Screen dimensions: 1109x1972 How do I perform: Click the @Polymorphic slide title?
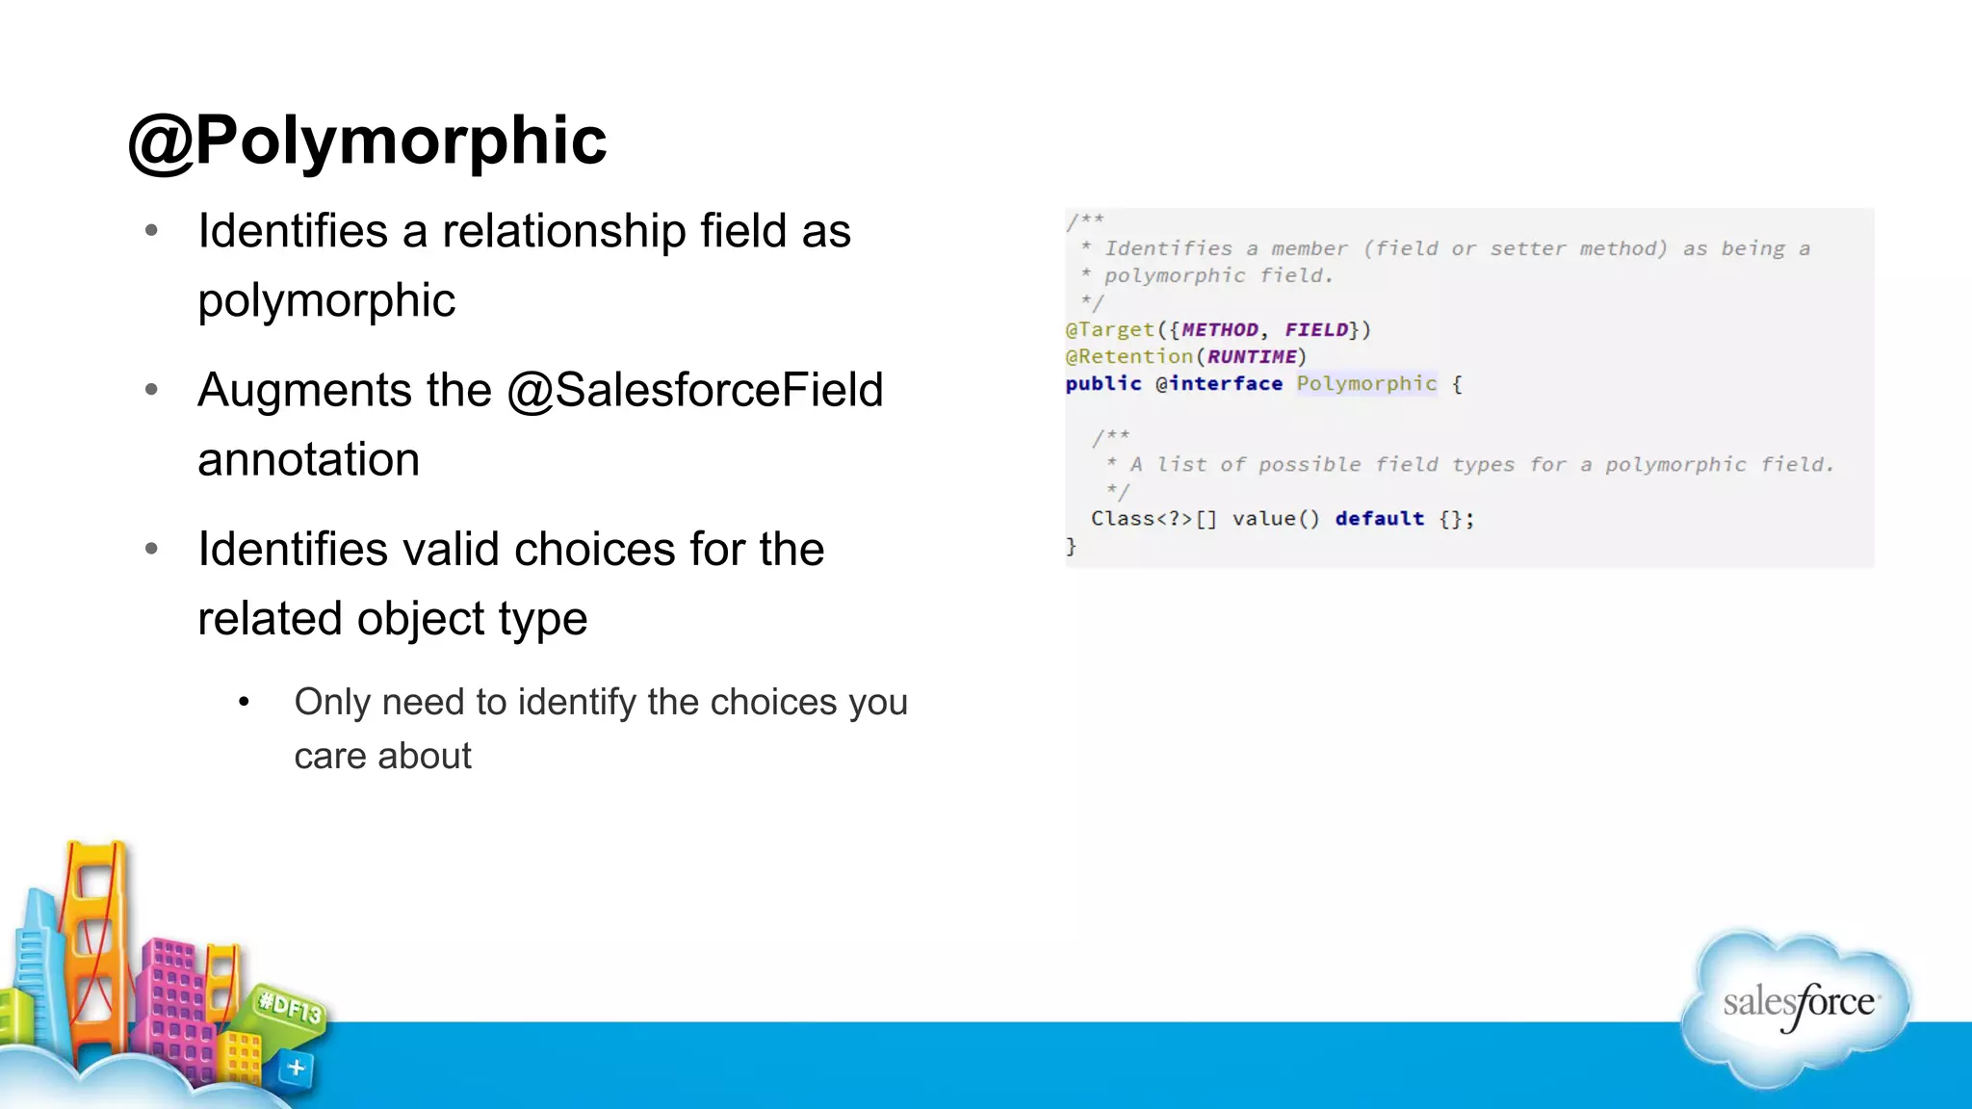pos(367,142)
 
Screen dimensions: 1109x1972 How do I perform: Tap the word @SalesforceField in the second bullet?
pos(694,391)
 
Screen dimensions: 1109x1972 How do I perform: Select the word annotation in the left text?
pos(308,460)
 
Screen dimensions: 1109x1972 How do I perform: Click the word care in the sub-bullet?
pos(332,757)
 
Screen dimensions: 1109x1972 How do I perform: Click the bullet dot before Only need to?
pos(245,703)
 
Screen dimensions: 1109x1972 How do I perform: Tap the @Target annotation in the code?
pos(1109,330)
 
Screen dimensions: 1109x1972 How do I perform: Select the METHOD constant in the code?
pos(1219,330)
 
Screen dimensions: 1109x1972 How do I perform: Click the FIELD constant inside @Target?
pos(1316,330)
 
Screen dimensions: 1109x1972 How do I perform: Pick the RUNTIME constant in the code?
pos(1252,357)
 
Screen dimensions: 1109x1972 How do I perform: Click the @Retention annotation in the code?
pos(1129,357)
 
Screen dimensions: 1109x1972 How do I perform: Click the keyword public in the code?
pos(1103,384)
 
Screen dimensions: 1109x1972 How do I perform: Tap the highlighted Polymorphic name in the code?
pos(1365,384)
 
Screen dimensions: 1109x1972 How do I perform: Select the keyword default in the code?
pos(1379,519)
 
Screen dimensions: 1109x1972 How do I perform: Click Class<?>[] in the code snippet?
pos(1154,519)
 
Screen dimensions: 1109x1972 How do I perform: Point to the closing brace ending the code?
pos(1071,546)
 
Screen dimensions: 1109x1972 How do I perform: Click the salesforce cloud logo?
pos(1797,1006)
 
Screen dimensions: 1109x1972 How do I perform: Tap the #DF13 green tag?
pos(290,1008)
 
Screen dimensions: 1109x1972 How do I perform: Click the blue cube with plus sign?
pos(296,1068)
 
